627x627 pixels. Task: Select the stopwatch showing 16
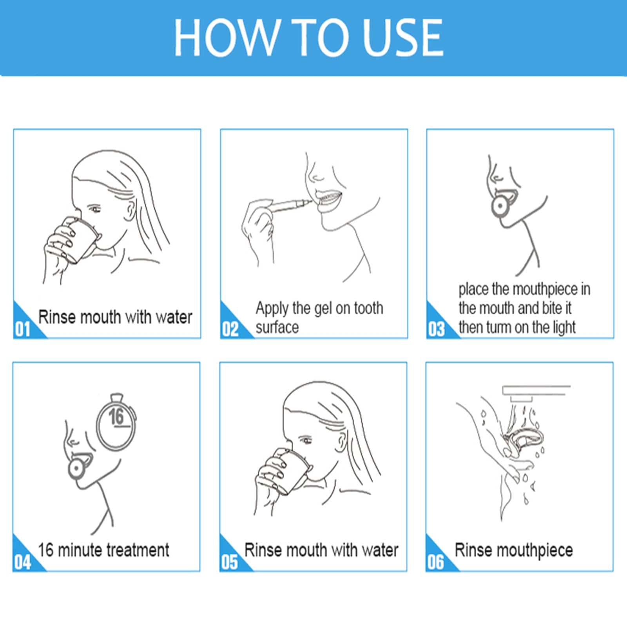[116, 422]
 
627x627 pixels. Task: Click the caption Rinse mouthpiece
[514, 551]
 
